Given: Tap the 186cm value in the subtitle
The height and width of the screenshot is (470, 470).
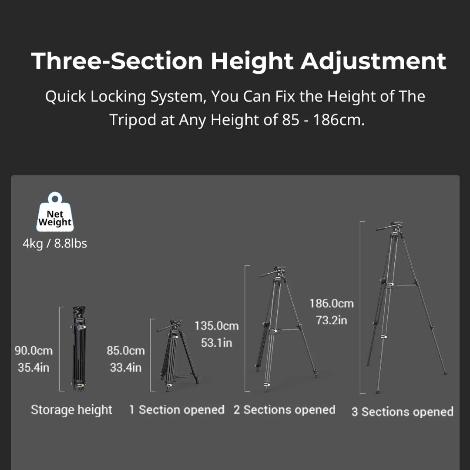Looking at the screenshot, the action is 339,120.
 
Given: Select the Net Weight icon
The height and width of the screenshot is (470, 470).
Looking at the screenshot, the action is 55,212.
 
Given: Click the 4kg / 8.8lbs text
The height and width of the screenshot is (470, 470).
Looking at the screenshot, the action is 55,243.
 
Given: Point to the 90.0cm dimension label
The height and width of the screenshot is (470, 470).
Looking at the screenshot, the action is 34,350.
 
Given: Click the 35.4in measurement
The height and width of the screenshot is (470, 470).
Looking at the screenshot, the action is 34,367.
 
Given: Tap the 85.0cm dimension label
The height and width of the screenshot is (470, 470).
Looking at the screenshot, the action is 126,350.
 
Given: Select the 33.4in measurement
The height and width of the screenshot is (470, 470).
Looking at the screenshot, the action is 126,367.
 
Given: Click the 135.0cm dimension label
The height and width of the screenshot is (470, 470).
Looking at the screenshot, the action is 216,326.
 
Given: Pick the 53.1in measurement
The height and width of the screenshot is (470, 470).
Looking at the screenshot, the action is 216,343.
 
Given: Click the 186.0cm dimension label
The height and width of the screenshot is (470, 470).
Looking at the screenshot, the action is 332,303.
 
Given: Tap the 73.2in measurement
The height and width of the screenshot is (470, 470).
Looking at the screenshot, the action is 332,320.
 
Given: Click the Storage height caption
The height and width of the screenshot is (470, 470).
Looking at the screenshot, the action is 71,410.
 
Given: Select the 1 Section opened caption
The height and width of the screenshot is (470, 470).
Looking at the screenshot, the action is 177,410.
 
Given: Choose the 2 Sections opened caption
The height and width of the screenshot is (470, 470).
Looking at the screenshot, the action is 284,410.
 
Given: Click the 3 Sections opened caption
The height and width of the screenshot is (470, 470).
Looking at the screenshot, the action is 402,412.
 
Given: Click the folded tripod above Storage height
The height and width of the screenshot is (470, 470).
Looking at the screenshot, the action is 79,349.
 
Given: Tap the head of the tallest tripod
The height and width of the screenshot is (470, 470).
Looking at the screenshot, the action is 390,227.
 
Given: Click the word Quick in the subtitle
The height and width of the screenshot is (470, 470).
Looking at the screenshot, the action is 65,97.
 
